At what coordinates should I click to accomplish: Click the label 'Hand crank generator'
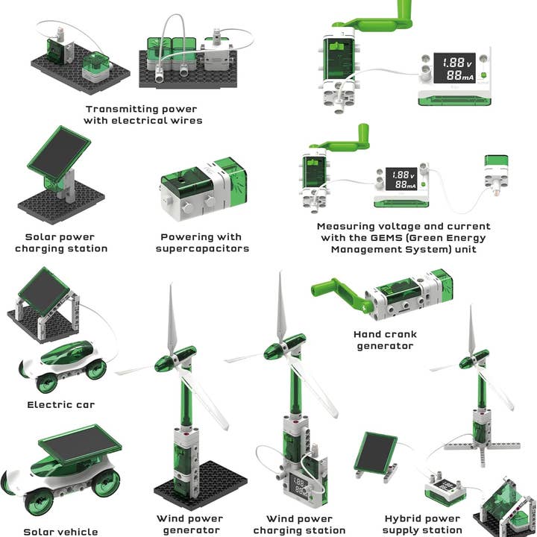click(385, 340)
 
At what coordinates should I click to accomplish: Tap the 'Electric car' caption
click(60, 405)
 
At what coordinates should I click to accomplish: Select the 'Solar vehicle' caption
click(60, 532)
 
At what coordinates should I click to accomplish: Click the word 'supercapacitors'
click(202, 248)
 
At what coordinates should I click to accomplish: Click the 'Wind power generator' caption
click(190, 524)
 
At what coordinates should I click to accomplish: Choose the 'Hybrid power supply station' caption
click(422, 524)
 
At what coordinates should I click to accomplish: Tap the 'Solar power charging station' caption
click(61, 243)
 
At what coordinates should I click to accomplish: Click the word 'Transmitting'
click(122, 109)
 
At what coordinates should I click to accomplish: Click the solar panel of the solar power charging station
click(59, 153)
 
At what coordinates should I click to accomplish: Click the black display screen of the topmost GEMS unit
click(454, 68)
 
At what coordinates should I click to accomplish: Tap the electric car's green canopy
click(67, 354)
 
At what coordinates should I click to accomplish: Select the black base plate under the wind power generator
click(201, 486)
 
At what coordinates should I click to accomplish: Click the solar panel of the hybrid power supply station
click(375, 452)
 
